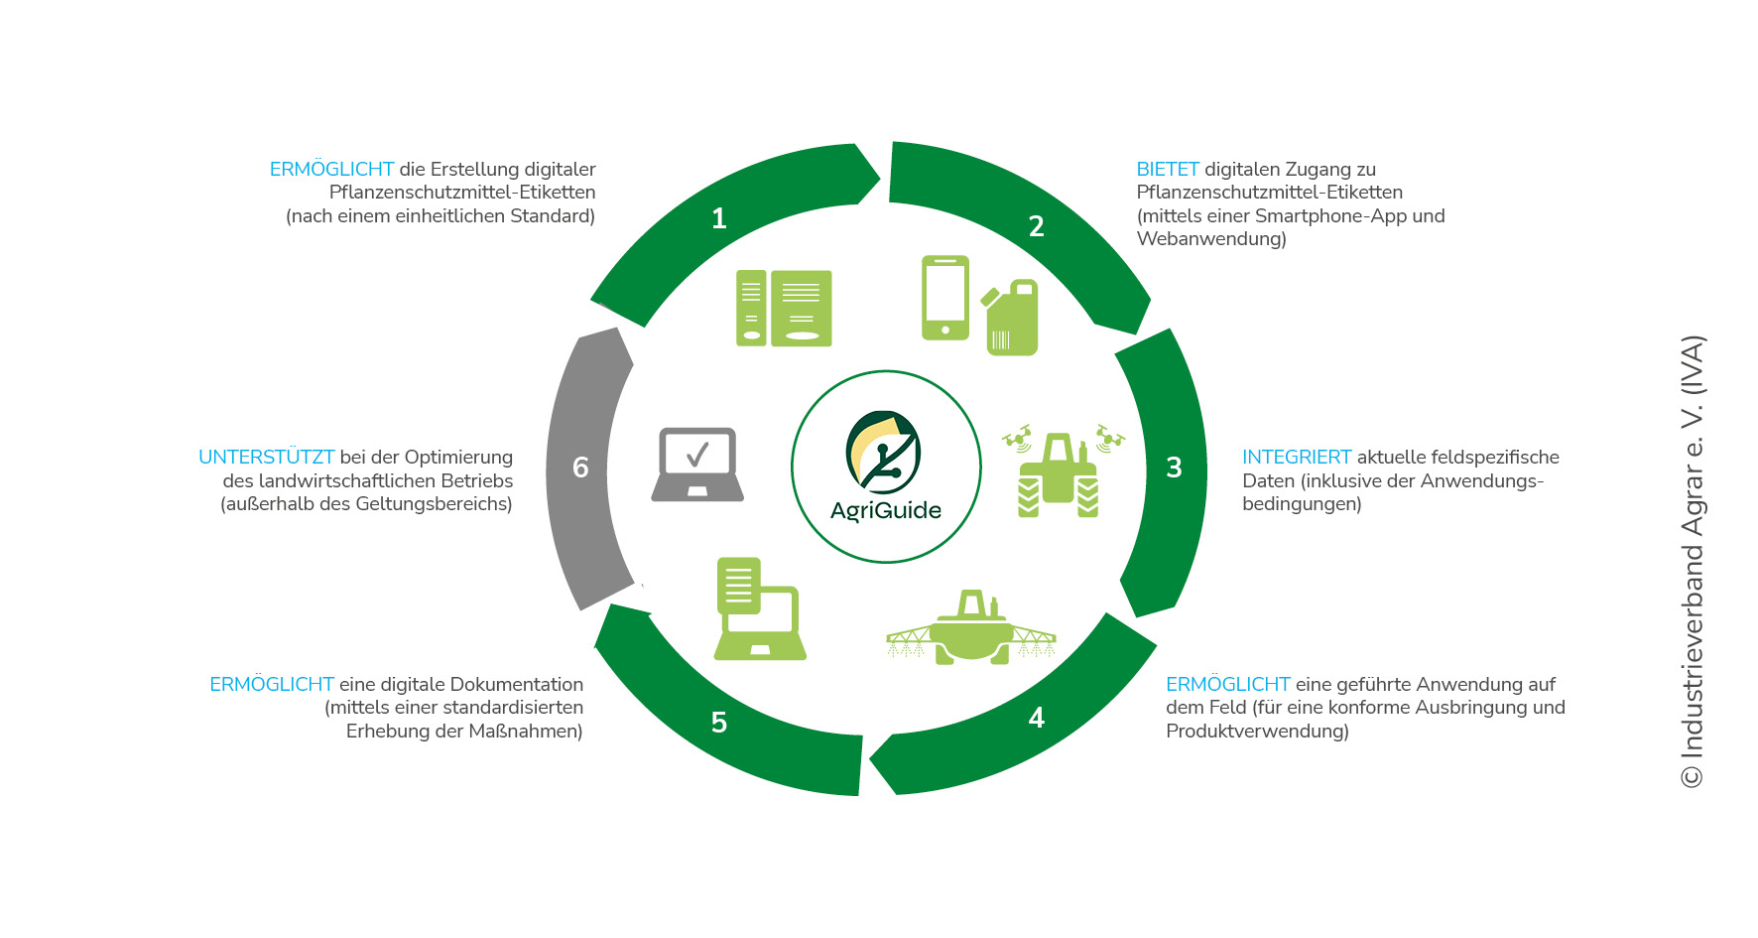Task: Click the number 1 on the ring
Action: click(x=719, y=218)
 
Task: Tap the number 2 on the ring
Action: click(x=1036, y=226)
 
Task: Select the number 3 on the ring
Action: click(x=1174, y=468)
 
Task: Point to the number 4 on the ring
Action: click(x=1037, y=718)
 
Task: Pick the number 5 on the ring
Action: click(x=719, y=723)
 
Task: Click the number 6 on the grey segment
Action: click(x=580, y=468)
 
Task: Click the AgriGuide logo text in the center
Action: click(x=886, y=510)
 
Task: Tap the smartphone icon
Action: click(x=944, y=298)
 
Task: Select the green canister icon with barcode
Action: click(x=1011, y=319)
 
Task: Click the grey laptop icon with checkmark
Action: click(x=697, y=465)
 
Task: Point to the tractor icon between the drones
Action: click(x=1058, y=474)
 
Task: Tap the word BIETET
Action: click(x=1168, y=170)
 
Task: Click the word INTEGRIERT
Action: click(x=1297, y=458)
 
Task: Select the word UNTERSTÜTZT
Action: click(x=266, y=458)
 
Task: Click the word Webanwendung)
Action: click(x=1210, y=239)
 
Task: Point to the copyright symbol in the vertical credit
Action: click(x=1692, y=775)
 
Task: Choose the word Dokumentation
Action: click(x=516, y=685)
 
